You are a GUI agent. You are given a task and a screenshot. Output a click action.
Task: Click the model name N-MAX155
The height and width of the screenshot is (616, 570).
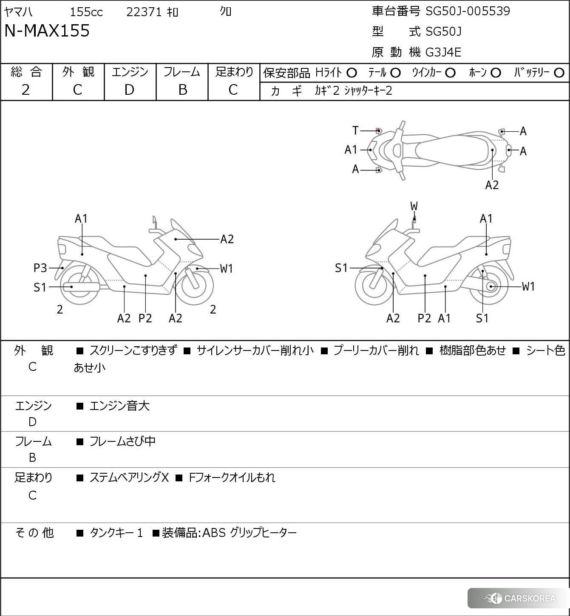pos(47,31)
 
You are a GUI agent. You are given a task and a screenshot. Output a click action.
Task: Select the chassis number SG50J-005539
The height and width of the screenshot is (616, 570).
pos(468,11)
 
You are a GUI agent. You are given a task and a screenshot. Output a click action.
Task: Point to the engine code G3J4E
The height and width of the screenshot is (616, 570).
pos(443,52)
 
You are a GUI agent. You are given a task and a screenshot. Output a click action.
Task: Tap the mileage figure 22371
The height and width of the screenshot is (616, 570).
pos(144,12)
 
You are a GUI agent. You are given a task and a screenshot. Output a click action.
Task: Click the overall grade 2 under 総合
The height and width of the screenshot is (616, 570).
pos(26,90)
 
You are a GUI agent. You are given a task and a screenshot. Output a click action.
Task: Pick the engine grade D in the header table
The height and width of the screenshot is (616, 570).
pos(129,90)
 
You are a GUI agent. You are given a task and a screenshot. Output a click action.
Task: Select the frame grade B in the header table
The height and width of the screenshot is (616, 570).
pos(182,90)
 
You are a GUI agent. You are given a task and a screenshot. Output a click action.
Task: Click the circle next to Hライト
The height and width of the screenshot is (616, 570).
pos(352,73)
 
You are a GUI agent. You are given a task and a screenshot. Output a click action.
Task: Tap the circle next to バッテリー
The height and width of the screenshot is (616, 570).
pos(559,73)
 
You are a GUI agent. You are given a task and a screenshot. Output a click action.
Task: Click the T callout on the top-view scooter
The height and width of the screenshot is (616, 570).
pos(355,130)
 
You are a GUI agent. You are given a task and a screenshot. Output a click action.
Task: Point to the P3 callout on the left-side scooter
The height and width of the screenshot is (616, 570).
pos(40,268)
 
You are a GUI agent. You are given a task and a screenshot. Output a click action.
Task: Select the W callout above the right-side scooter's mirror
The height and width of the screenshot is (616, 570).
pos(414,206)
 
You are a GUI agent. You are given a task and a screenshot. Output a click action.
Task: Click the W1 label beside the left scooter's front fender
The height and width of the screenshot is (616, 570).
pos(226,268)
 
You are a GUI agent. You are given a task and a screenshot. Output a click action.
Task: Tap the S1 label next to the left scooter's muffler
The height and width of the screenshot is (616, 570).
pos(40,288)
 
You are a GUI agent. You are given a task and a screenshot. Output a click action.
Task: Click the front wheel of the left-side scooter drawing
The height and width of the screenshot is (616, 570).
pos(194,285)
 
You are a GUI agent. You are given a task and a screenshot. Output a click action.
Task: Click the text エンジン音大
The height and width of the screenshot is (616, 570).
pos(119,406)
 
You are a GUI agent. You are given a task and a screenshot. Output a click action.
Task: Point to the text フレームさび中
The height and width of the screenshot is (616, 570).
pos(122,441)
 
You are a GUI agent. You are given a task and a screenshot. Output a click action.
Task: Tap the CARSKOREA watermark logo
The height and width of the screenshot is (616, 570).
pos(519,598)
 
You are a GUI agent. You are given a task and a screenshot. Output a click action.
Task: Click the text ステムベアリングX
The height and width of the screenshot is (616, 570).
pos(129,478)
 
